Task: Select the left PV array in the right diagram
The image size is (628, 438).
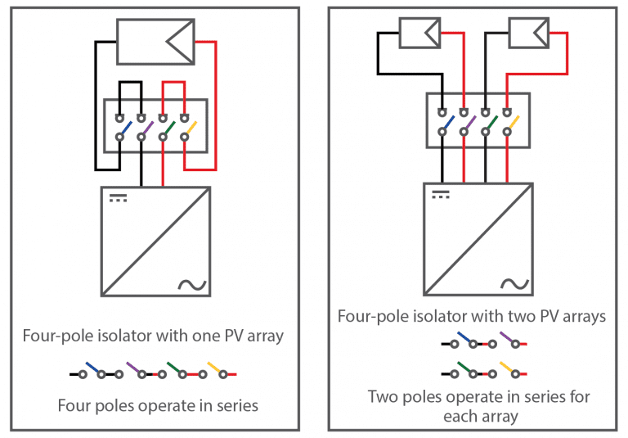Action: pyautogui.click(x=421, y=34)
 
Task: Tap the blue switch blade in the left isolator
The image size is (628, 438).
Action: pyautogui.click(x=125, y=129)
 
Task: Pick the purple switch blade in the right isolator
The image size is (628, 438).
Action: pyautogui.click(x=469, y=123)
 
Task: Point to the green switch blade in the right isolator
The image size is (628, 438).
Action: pyautogui.click(x=491, y=123)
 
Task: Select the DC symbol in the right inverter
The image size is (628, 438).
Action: pyautogui.click(x=441, y=194)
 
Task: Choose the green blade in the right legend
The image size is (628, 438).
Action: pyautogui.click(x=464, y=368)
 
